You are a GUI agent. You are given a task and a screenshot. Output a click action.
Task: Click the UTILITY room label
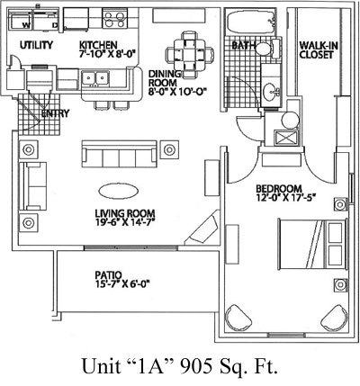(36, 45)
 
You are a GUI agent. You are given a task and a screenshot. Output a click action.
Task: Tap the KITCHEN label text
(98, 45)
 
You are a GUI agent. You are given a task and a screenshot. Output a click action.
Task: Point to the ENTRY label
(55, 113)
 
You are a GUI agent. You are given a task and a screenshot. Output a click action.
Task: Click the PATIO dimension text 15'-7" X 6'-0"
(122, 283)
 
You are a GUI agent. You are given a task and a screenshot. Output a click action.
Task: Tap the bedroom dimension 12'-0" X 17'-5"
(286, 198)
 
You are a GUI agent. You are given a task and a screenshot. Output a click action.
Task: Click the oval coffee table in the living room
(119, 191)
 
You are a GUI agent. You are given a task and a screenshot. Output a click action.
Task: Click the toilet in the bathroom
(268, 48)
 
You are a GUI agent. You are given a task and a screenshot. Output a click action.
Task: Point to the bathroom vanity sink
(272, 91)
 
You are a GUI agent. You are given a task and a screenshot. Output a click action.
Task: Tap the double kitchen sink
(95, 78)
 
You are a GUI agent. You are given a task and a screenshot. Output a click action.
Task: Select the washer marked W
(20, 21)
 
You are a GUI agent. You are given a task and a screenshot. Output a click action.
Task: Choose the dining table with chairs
(190, 55)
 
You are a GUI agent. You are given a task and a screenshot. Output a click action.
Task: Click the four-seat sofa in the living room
(120, 154)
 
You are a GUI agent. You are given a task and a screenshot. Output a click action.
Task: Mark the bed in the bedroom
(313, 244)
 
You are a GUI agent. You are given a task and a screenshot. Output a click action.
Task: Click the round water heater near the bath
(291, 120)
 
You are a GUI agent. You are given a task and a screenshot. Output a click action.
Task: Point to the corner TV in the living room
(202, 228)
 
